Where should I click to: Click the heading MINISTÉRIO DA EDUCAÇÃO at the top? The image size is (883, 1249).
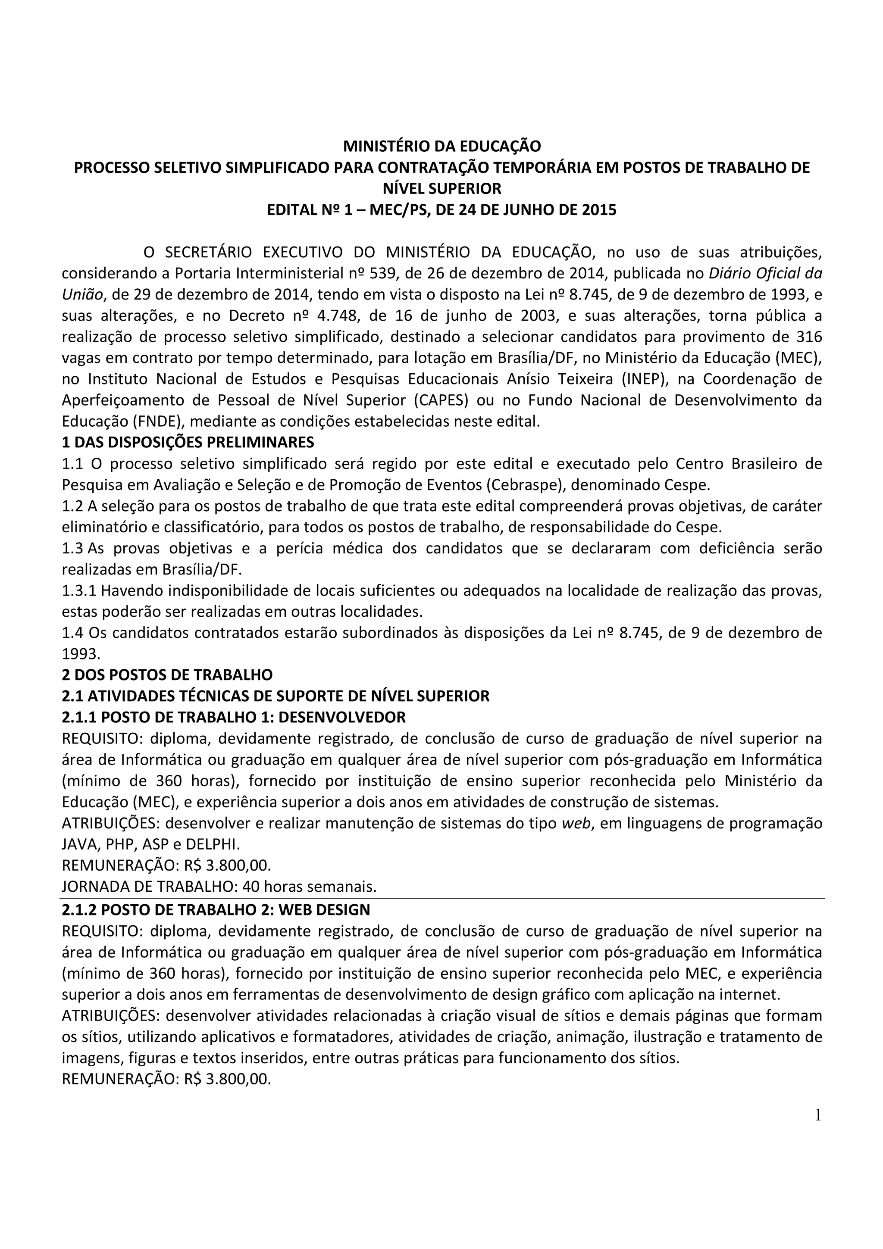click(442, 147)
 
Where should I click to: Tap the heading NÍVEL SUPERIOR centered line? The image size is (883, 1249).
click(442, 189)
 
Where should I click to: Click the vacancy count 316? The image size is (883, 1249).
click(809, 337)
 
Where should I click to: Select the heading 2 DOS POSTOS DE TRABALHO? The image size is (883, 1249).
click(167, 675)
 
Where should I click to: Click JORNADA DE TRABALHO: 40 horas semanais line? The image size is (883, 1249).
click(219, 887)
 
